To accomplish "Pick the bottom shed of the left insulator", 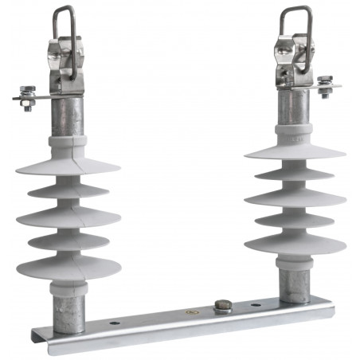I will pos(68,267).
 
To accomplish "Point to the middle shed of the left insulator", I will pos(68,217).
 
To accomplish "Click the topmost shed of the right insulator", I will pos(295,150).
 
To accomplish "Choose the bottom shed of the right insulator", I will pos(295,243).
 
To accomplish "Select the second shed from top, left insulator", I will pos(68,192).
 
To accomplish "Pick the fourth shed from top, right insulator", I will pos(295,218).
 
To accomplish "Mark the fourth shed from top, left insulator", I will pos(68,241).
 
